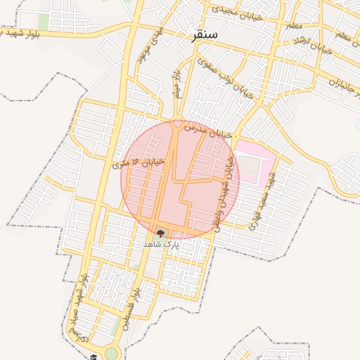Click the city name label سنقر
(204, 34)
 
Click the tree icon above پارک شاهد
(160, 234)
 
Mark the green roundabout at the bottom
(111, 352)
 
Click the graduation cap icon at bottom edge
(94, 356)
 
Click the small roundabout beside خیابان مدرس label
(178, 124)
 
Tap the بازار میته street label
(179, 84)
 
